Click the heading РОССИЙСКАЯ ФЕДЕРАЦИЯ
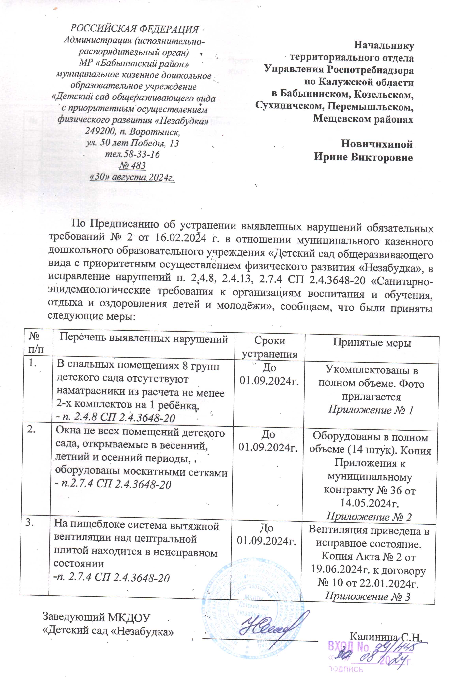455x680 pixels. point(135,29)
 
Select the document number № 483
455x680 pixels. point(132,166)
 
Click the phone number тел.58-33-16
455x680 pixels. point(132,154)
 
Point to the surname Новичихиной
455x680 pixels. point(377,144)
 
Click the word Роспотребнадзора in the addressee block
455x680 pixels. point(370,70)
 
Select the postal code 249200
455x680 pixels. point(98,132)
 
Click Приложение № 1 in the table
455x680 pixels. point(371,410)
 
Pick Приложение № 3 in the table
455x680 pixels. point(368,596)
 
